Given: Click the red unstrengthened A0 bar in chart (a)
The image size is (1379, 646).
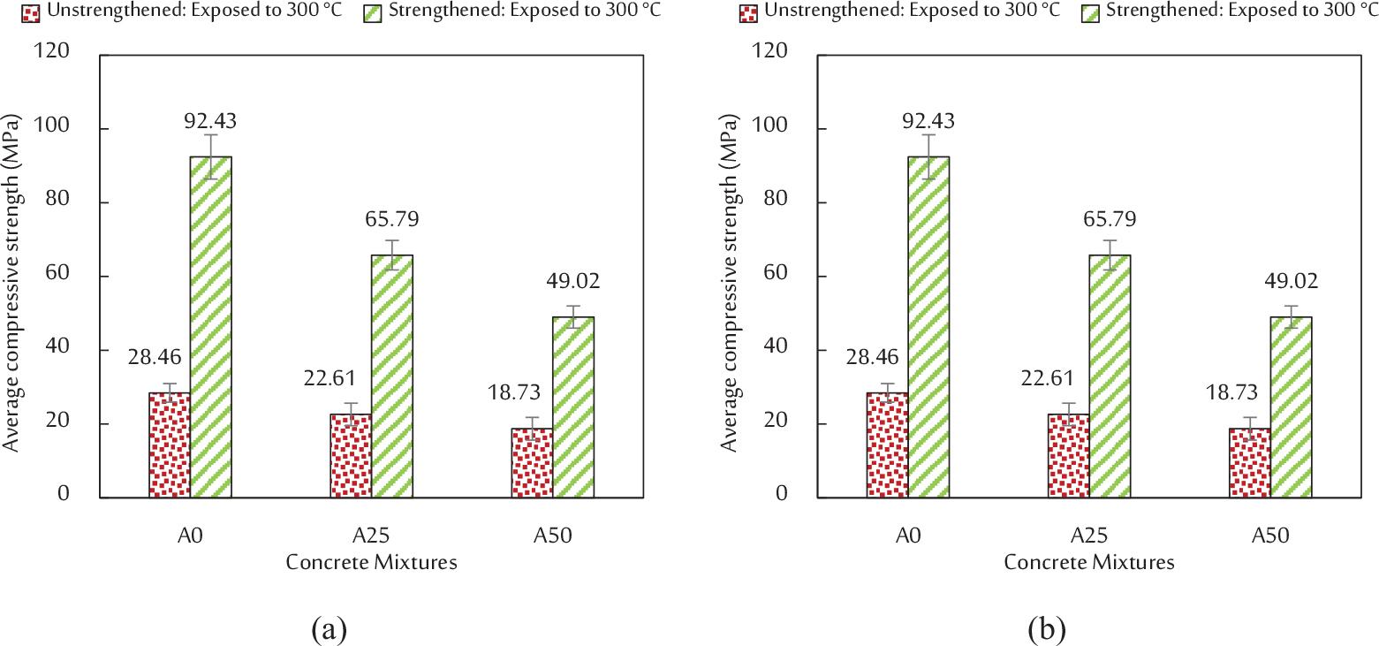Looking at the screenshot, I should point(170,445).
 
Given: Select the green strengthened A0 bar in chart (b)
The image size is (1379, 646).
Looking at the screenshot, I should point(928,327).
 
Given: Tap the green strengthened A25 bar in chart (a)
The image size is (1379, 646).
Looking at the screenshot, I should point(391,376).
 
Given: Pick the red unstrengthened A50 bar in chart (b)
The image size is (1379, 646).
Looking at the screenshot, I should point(1249,463).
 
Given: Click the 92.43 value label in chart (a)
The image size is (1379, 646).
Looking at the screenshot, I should point(210,121).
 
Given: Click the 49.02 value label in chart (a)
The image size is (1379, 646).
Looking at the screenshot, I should point(573,281).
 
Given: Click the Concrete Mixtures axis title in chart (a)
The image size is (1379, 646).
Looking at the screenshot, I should point(371,562).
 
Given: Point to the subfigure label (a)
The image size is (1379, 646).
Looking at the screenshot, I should point(329,630).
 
